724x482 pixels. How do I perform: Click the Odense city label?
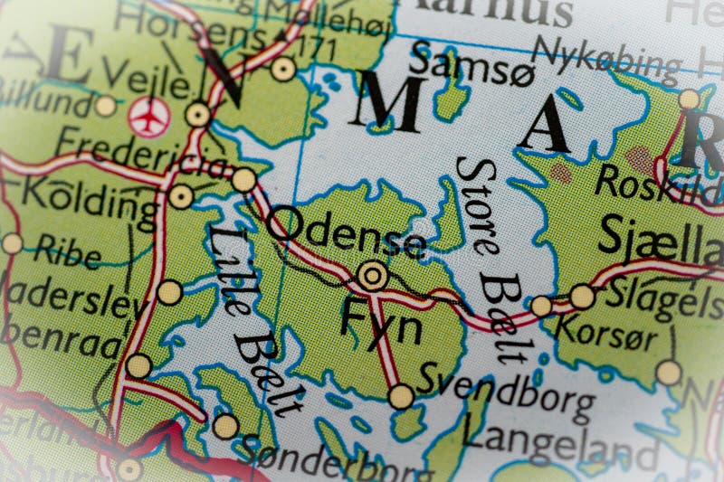[347, 231]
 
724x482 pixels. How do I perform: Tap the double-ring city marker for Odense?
[372, 274]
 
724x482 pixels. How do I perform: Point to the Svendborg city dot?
[401, 396]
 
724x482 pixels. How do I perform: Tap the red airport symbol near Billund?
[148, 118]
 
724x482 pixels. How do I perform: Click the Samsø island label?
[458, 64]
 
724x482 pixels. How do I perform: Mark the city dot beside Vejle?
[198, 115]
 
